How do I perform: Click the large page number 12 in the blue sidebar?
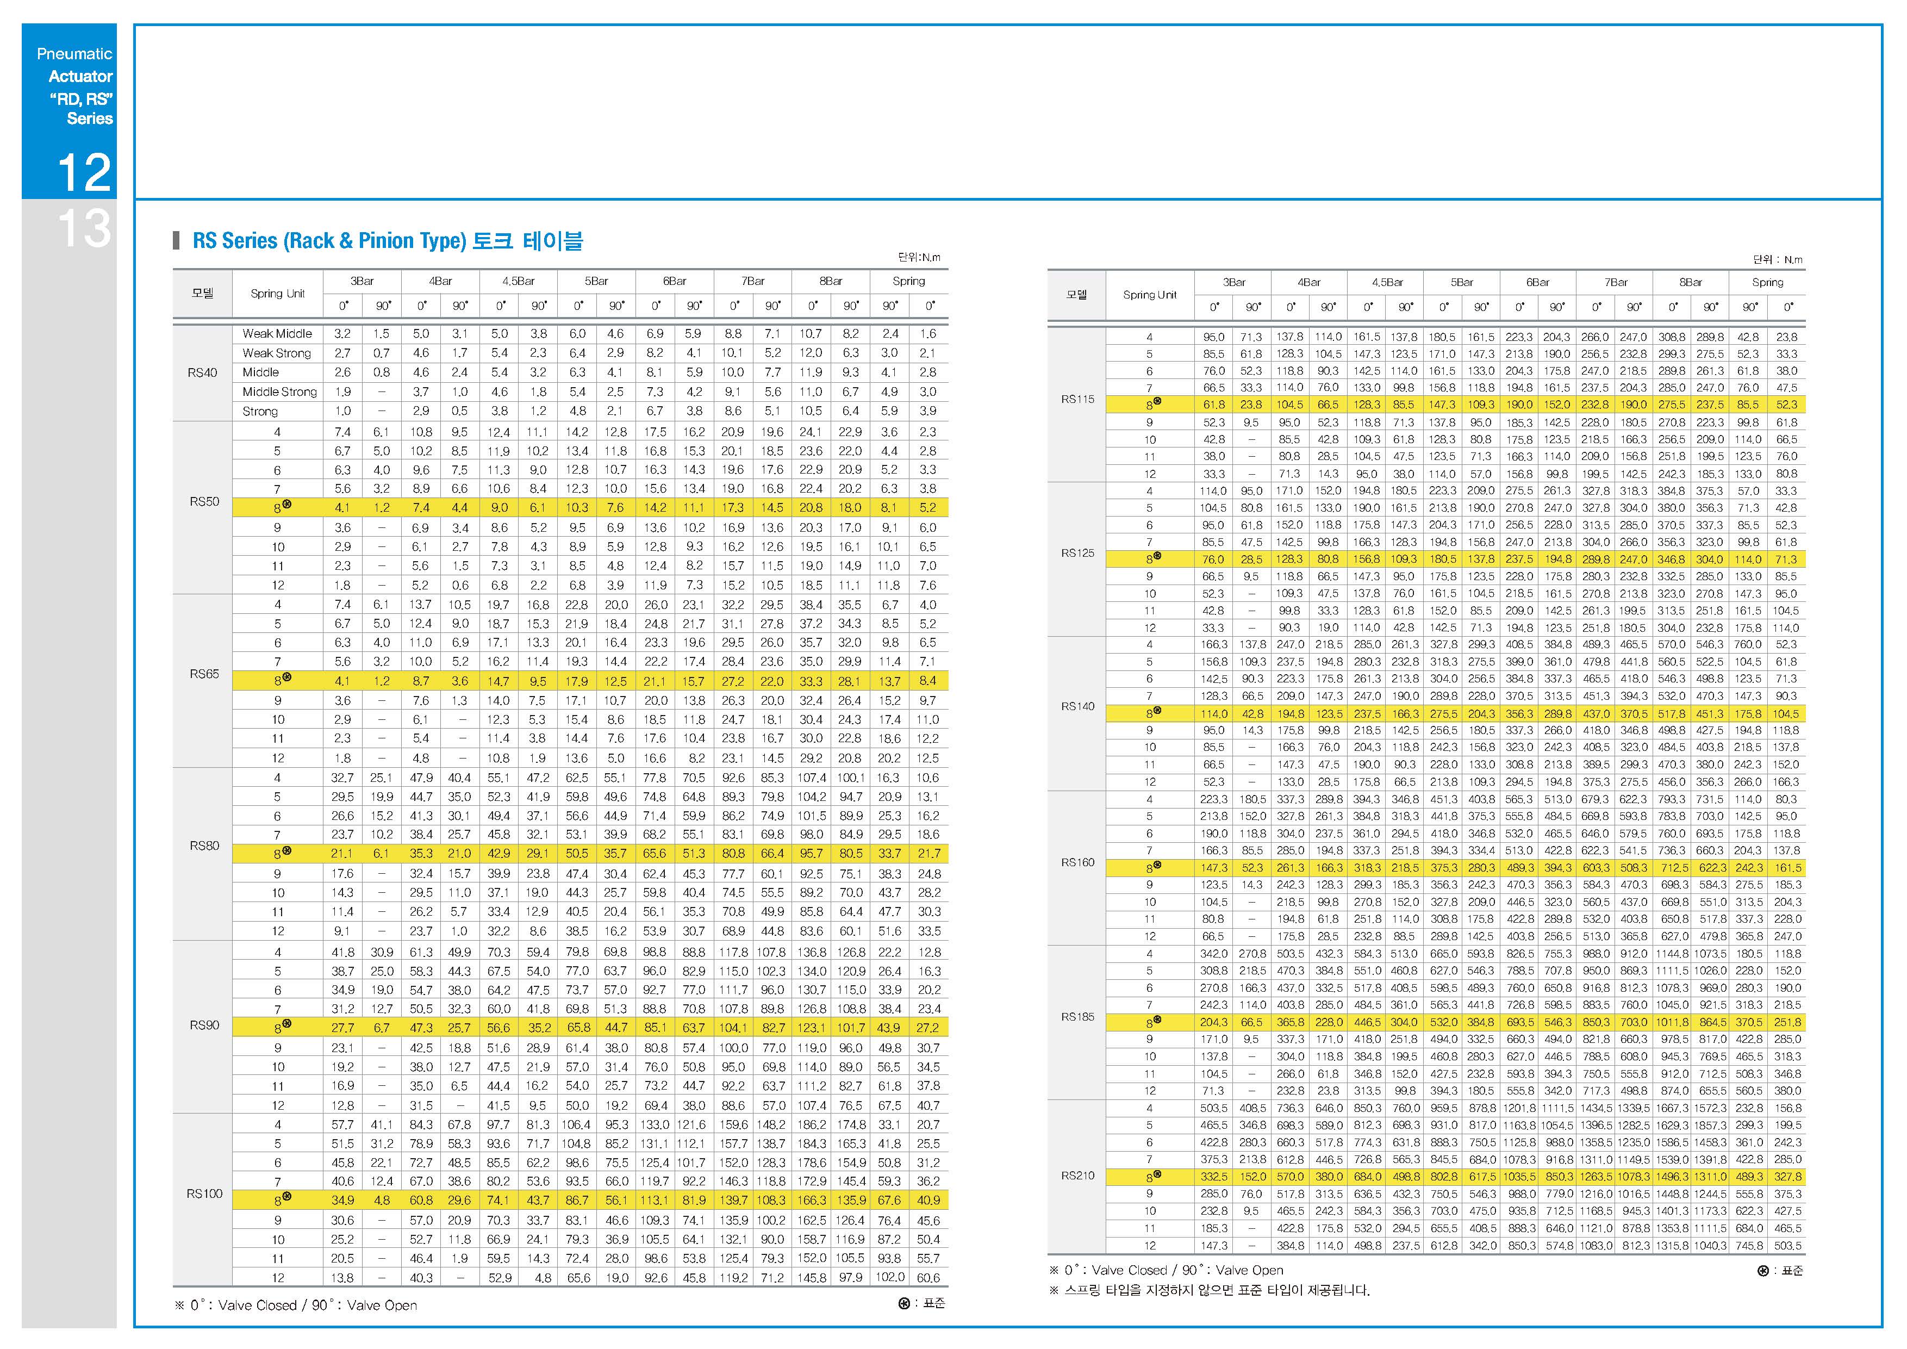[84, 172]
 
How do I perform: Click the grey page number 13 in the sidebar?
[84, 228]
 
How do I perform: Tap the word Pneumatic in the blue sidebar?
[75, 54]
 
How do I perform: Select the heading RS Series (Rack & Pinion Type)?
[329, 241]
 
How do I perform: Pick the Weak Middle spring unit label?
[277, 334]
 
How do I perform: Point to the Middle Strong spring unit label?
[280, 392]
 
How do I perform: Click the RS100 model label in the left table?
[204, 1193]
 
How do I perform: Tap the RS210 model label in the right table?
[1078, 1176]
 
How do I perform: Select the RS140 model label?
[1078, 706]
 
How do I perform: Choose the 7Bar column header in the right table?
[1616, 282]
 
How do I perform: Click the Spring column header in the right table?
[1767, 282]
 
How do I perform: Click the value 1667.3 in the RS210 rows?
[1672, 1108]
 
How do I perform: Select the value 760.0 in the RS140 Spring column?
[1748, 645]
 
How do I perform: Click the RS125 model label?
[1078, 552]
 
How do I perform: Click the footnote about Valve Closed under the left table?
[296, 1305]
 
